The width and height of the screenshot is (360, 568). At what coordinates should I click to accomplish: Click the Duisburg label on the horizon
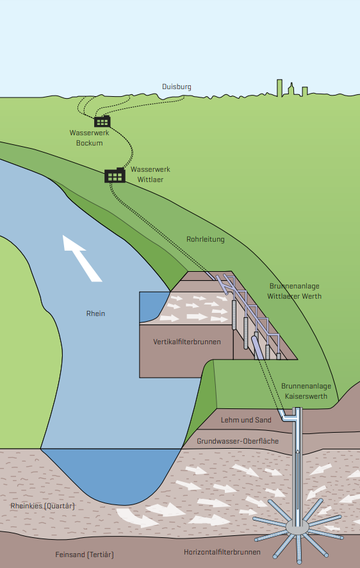pyautogui.click(x=177, y=87)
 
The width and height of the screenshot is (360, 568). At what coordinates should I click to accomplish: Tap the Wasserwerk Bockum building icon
pyautogui.click(x=102, y=121)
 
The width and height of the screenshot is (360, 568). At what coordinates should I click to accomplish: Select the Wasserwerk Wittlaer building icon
pyautogui.click(x=115, y=175)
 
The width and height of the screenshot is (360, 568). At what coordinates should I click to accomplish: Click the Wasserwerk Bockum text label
pyautogui.click(x=90, y=138)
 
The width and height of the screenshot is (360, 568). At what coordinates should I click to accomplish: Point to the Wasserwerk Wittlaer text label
pyautogui.click(x=150, y=174)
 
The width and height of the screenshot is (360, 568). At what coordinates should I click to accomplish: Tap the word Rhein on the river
pyautogui.click(x=95, y=313)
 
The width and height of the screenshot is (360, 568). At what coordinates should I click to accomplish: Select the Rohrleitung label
pyautogui.click(x=206, y=239)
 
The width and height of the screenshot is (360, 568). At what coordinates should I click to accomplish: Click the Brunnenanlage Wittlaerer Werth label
pyautogui.click(x=294, y=291)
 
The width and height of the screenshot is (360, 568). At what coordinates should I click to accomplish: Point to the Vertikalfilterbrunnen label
pyautogui.click(x=186, y=342)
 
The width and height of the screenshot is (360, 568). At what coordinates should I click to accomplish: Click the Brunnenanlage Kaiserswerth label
pyautogui.click(x=306, y=391)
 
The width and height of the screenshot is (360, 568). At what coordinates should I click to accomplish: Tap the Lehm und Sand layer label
pyautogui.click(x=246, y=420)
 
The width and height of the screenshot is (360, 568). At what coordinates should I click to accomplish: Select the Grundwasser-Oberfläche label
pyautogui.click(x=238, y=441)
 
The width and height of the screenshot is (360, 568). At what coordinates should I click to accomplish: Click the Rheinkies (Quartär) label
pyautogui.click(x=43, y=506)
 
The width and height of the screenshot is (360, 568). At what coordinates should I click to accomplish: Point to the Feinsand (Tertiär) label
pyautogui.click(x=85, y=555)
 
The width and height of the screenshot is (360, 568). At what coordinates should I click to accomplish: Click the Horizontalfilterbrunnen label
pyautogui.click(x=222, y=552)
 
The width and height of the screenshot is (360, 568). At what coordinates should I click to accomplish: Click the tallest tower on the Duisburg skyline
pyautogui.click(x=279, y=88)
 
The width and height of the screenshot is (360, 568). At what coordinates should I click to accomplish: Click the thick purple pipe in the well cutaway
pyautogui.click(x=258, y=347)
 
